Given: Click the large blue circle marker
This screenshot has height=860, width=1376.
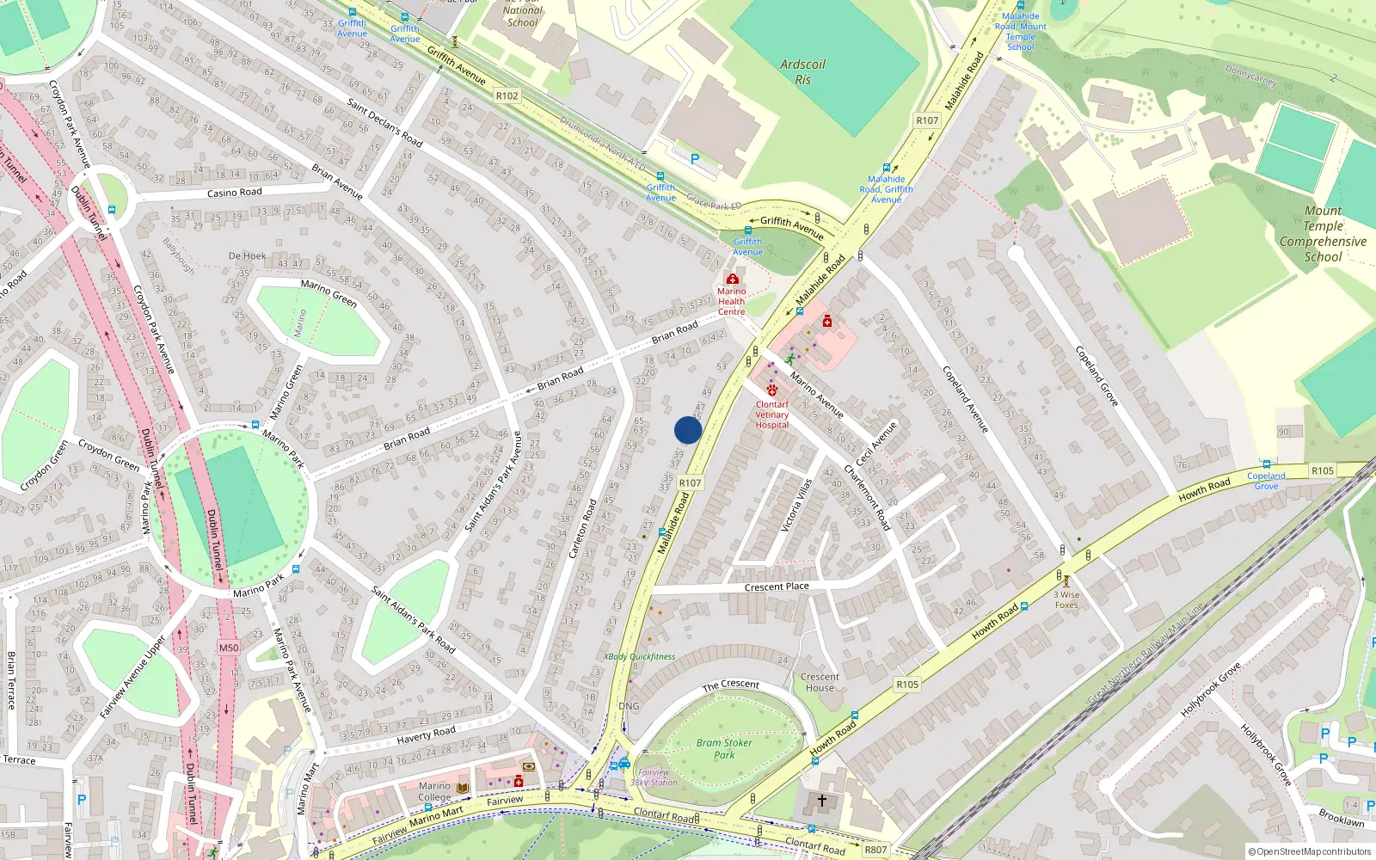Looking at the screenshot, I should click(688, 430).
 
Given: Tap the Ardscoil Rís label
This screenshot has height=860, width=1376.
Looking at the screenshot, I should click(802, 72).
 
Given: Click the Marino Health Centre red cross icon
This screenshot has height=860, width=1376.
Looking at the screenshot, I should click(733, 279).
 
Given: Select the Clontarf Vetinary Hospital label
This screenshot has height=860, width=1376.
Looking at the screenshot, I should click(771, 415).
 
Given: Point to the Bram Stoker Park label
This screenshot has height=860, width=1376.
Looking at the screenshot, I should click(724, 748).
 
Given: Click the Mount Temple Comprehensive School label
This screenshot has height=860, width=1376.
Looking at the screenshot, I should click(1323, 234).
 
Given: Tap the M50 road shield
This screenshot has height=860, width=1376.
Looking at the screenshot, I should click(228, 648).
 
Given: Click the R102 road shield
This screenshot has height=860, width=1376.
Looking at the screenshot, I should click(507, 95).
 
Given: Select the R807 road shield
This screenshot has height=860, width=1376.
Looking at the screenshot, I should click(875, 850).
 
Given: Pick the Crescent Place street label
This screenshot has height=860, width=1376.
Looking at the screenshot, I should click(777, 587).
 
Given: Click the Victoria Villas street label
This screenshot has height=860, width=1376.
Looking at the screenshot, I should click(796, 506).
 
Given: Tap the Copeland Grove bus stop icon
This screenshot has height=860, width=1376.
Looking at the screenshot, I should click(1266, 464).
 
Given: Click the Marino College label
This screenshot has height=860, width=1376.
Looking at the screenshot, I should click(434, 791).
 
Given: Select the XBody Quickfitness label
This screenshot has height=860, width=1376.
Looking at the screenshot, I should click(639, 656).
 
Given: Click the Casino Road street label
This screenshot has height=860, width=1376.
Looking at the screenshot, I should click(234, 193).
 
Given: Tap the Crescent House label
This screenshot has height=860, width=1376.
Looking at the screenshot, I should click(820, 682).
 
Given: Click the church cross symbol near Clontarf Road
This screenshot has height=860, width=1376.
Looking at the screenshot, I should click(822, 801).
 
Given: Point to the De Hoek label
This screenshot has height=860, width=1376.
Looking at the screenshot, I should click(248, 255).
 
